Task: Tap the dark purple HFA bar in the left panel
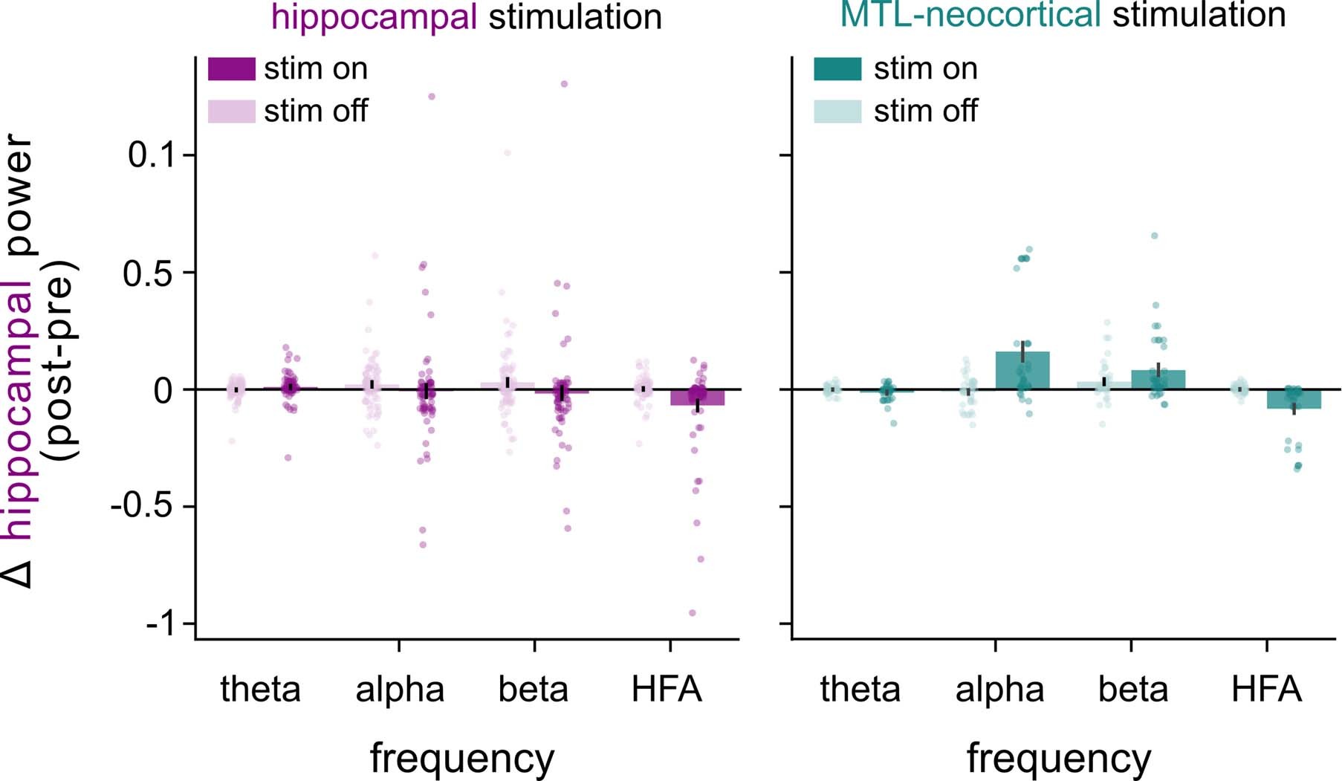[697, 398]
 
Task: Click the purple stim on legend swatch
[231, 68]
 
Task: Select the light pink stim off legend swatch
[231, 111]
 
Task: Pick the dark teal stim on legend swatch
[837, 68]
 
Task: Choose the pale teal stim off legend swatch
[837, 111]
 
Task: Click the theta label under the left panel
[261, 690]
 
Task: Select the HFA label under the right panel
[1266, 690]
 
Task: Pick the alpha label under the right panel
[999, 690]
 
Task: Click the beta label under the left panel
[533, 690]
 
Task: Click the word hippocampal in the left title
[375, 16]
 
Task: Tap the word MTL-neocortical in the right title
[970, 15]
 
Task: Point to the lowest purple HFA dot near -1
[693, 613]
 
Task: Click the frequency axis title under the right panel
[1059, 759]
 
